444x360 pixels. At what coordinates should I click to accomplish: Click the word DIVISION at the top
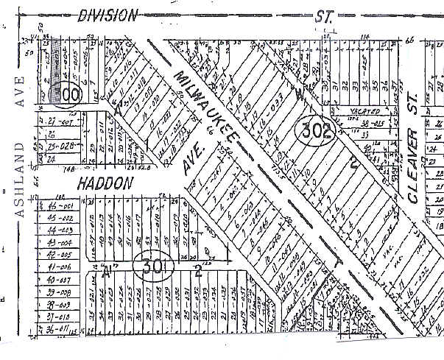pos(108,15)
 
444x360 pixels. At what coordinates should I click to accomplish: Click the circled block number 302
pos(315,132)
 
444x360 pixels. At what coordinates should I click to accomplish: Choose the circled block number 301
pos(154,266)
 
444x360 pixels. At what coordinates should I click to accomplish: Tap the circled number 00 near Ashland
pos(70,96)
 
